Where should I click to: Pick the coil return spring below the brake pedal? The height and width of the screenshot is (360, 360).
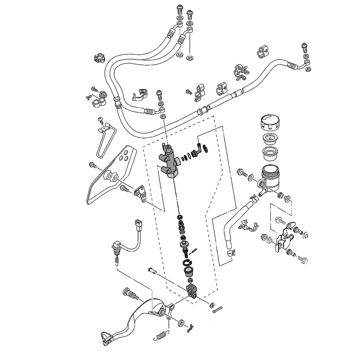coord(162,335)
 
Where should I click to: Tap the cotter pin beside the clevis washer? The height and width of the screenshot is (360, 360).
coord(217,308)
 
